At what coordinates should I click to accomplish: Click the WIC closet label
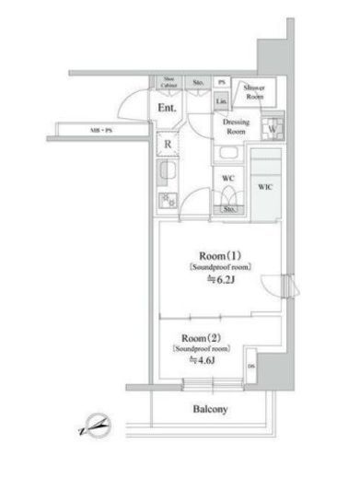pos(265,186)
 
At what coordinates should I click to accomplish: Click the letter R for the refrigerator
pos(168,144)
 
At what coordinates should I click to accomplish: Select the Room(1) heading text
pos(221,255)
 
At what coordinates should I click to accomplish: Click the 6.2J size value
pos(221,279)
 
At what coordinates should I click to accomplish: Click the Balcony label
pos(210,409)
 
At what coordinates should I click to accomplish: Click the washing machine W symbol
pos(271,128)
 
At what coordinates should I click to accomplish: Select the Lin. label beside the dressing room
pos(222,99)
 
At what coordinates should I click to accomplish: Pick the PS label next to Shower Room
pos(222,83)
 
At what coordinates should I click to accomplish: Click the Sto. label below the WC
pos(229,209)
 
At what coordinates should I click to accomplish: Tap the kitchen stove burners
pos(168,200)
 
